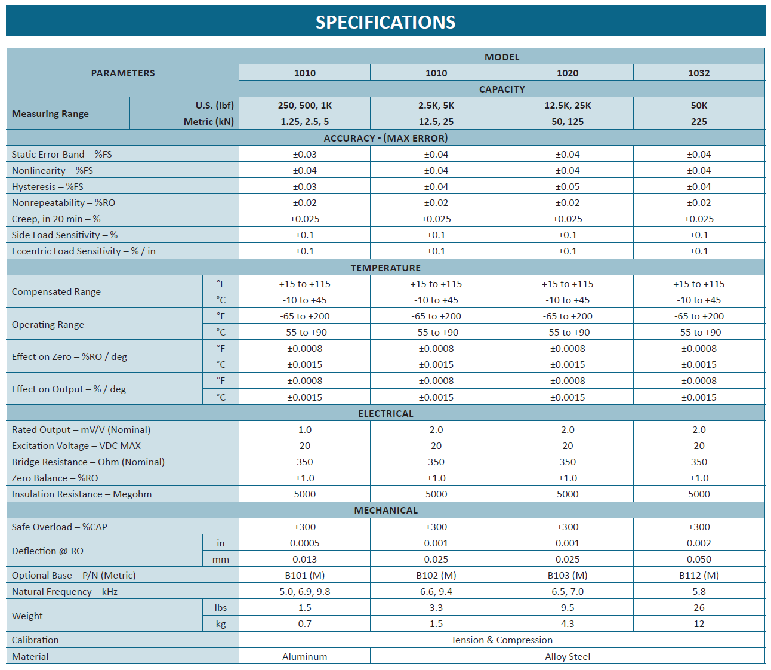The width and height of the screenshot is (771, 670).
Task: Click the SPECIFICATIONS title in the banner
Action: [x=385, y=22]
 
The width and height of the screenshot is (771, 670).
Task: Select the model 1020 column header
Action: [x=567, y=73]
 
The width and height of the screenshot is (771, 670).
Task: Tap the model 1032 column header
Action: [x=699, y=73]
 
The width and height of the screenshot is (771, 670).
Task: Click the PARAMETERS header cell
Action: [x=123, y=73]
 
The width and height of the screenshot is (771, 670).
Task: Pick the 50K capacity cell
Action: [x=699, y=106]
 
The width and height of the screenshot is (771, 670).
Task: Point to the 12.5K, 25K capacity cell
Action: [x=567, y=106]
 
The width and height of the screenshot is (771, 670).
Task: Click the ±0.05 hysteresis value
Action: [x=567, y=187]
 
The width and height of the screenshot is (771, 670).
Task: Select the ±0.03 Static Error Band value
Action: [x=304, y=154]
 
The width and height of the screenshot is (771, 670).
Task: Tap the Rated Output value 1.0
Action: [x=304, y=429]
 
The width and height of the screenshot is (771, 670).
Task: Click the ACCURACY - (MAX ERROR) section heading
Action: [x=385, y=138]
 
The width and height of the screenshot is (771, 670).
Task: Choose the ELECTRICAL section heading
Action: [x=385, y=414]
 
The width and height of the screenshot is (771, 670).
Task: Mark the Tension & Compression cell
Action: [x=501, y=640]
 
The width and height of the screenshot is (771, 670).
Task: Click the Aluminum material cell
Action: [x=304, y=656]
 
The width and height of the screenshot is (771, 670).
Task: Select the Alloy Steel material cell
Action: [x=567, y=656]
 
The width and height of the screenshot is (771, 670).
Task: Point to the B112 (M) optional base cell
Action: [x=699, y=576]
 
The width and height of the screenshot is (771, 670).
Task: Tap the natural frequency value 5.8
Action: [x=699, y=592]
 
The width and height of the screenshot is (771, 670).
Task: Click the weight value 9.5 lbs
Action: [x=567, y=607]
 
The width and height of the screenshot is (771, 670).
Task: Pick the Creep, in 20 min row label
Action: [x=56, y=219]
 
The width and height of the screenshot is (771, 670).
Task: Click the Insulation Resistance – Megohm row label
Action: [x=82, y=494]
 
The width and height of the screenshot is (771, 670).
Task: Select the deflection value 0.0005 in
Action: [x=304, y=543]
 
